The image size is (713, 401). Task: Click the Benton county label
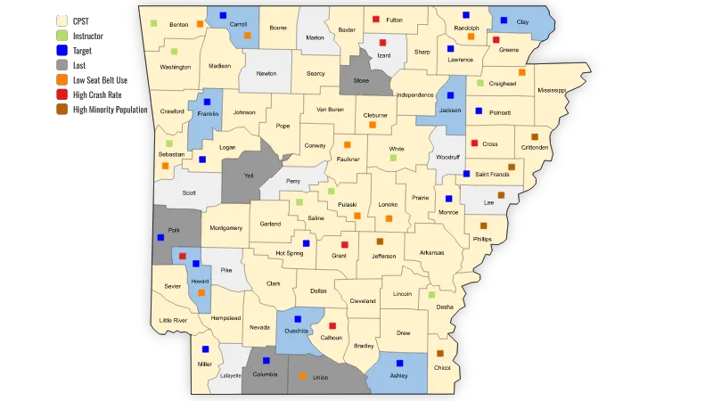coord(179,24)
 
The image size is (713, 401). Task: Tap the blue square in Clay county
coord(504,20)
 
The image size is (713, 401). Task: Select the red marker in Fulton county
coord(376,19)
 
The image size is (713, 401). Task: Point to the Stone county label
coord(362,80)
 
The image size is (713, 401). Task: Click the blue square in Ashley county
coord(400,364)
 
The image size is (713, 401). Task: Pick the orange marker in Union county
coord(303,377)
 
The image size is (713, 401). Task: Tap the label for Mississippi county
coord(551,90)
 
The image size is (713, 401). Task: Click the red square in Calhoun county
coord(332,326)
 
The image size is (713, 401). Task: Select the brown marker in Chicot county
coord(440,354)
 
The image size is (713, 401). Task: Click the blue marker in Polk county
coord(160,238)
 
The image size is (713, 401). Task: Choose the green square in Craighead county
coord(480,84)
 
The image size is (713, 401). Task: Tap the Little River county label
coord(173,320)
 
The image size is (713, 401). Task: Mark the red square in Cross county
coord(474,143)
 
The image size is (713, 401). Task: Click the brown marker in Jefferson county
coord(380,241)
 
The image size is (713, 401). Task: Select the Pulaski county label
coord(348,204)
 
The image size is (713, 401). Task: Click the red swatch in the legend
coord(61,94)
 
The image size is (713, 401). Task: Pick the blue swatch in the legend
coord(61,51)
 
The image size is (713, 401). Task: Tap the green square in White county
coord(393,158)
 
